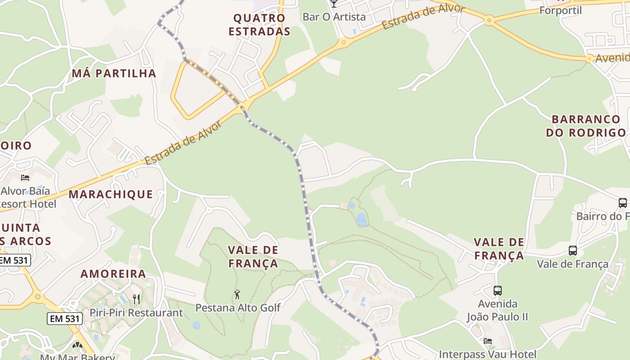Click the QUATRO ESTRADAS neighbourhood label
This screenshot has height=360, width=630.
click(x=259, y=25)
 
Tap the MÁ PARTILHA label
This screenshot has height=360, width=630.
click(x=114, y=73)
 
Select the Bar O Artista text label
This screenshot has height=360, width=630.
click(x=334, y=17)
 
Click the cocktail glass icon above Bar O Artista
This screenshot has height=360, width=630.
click(x=333, y=4)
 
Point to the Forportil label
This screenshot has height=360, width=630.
click(x=560, y=10)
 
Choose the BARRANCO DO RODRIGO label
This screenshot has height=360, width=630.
click(x=585, y=126)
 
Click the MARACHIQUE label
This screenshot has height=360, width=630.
click(x=111, y=194)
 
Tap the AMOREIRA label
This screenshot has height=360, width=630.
click(x=113, y=274)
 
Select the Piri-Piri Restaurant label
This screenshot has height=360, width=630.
click(x=136, y=312)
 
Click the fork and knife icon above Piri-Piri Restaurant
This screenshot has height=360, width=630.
click(x=136, y=299)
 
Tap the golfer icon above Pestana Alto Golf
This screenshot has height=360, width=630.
click(x=237, y=295)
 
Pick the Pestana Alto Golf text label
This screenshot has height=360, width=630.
click(x=238, y=308)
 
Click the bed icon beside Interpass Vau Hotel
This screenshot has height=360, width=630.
click(x=488, y=341)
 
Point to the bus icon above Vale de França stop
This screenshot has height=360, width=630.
click(x=572, y=251)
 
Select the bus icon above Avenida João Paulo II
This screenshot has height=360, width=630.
click(x=497, y=291)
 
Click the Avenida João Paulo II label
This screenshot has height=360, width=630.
click(x=497, y=310)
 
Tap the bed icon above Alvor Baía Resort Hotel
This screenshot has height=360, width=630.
click(x=25, y=178)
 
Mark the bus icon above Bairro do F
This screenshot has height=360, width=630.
click(x=622, y=203)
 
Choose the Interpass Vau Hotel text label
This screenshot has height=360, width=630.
click(x=487, y=354)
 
